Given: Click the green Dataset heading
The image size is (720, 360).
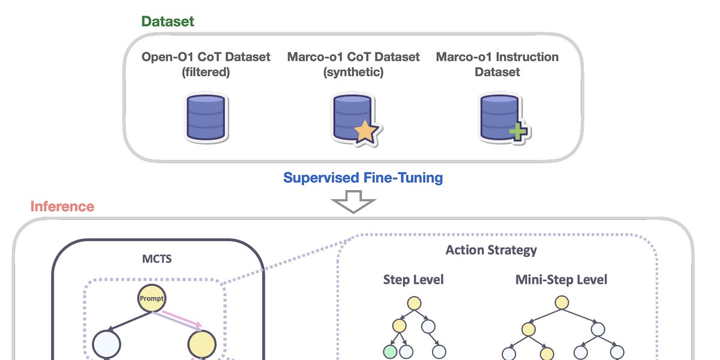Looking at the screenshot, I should pyautogui.click(x=167, y=22).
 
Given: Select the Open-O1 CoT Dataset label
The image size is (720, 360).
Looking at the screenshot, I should pyautogui.click(x=206, y=64).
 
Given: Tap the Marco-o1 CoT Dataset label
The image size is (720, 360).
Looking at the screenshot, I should pyautogui.click(x=353, y=64).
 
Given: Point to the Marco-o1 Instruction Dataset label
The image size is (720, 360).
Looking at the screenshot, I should pyautogui.click(x=497, y=64).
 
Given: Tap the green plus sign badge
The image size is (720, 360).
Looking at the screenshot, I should pyautogui.click(x=517, y=131).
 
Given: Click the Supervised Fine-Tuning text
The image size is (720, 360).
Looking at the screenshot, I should pyautogui.click(x=363, y=178).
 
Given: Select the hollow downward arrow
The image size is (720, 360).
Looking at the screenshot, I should pyautogui.click(x=353, y=203).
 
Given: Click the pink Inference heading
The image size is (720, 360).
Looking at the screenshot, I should pyautogui.click(x=62, y=206).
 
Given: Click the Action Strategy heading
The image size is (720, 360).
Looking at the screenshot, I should pyautogui.click(x=491, y=250).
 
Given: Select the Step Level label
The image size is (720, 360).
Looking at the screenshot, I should pyautogui.click(x=413, y=280).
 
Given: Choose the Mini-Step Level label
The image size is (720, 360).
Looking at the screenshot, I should pyautogui.click(x=561, y=280).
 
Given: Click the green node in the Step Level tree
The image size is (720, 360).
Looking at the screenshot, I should pyautogui.click(x=391, y=352).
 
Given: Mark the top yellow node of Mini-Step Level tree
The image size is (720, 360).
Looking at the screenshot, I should pyautogui.click(x=561, y=303).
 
